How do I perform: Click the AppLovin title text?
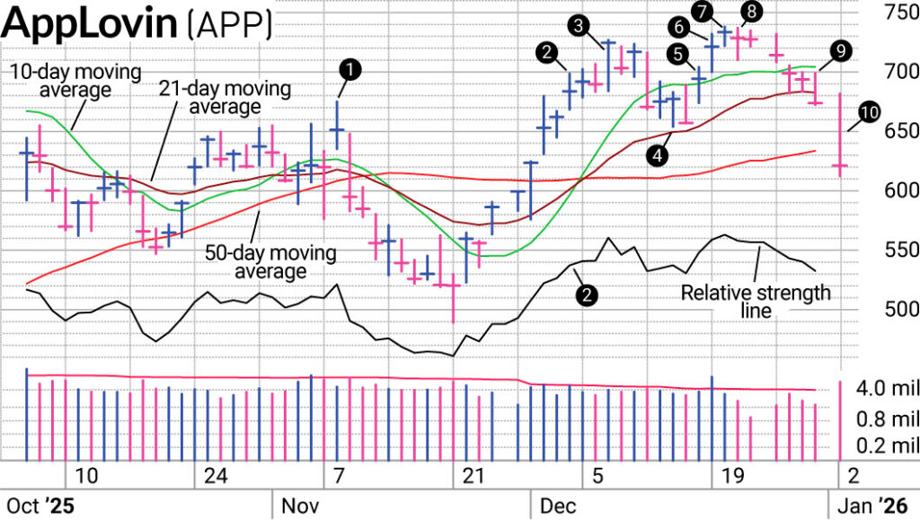tap(89, 23)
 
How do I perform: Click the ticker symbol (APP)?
tap(229, 25)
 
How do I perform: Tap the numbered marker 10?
tap(868, 113)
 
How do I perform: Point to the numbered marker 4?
tap(659, 154)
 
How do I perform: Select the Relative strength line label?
tap(755, 302)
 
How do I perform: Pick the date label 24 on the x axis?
tap(215, 475)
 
